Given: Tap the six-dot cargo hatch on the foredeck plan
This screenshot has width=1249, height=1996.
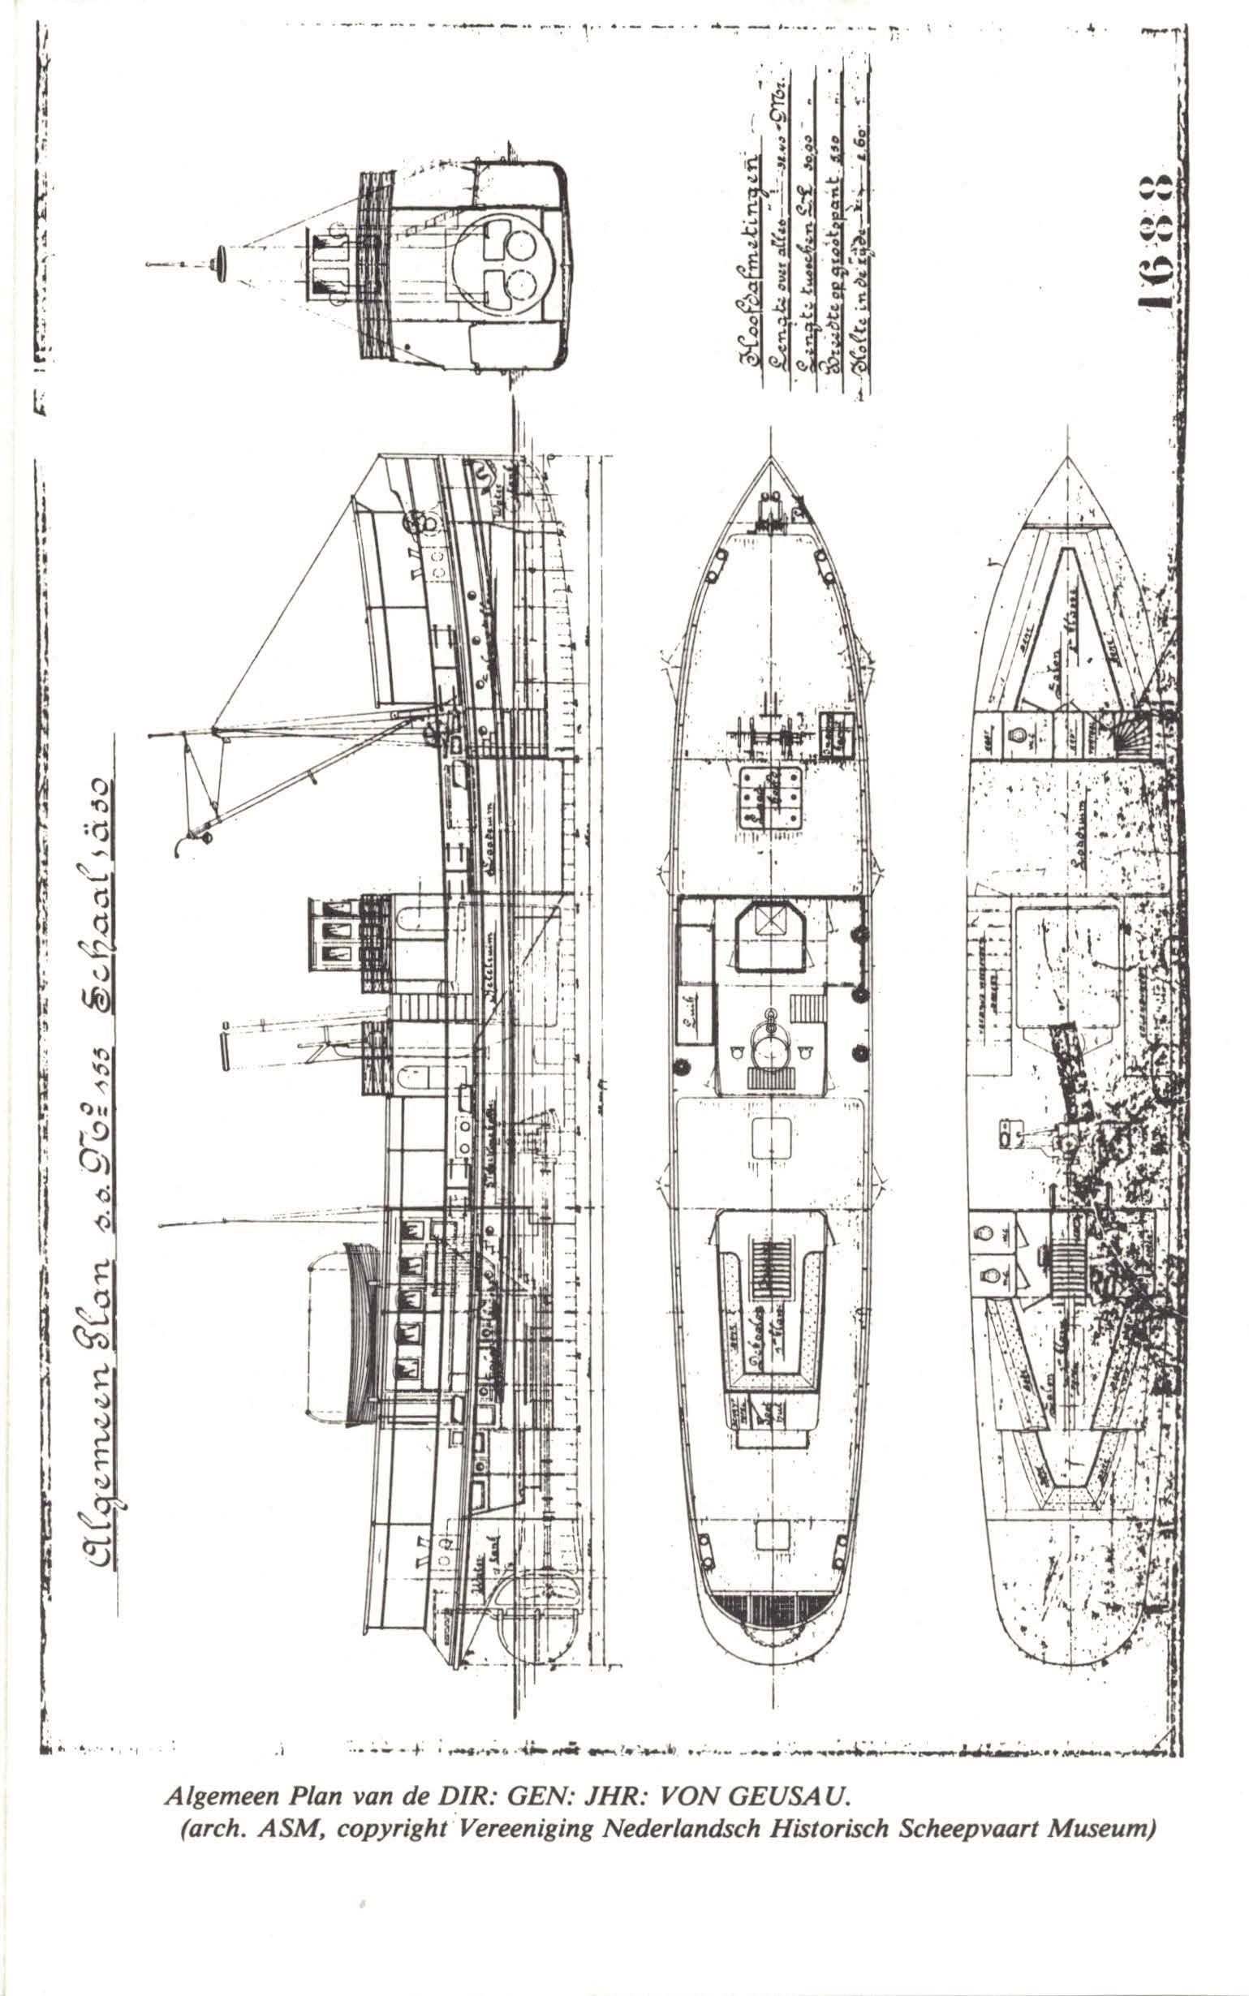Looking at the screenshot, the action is point(771,794).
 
